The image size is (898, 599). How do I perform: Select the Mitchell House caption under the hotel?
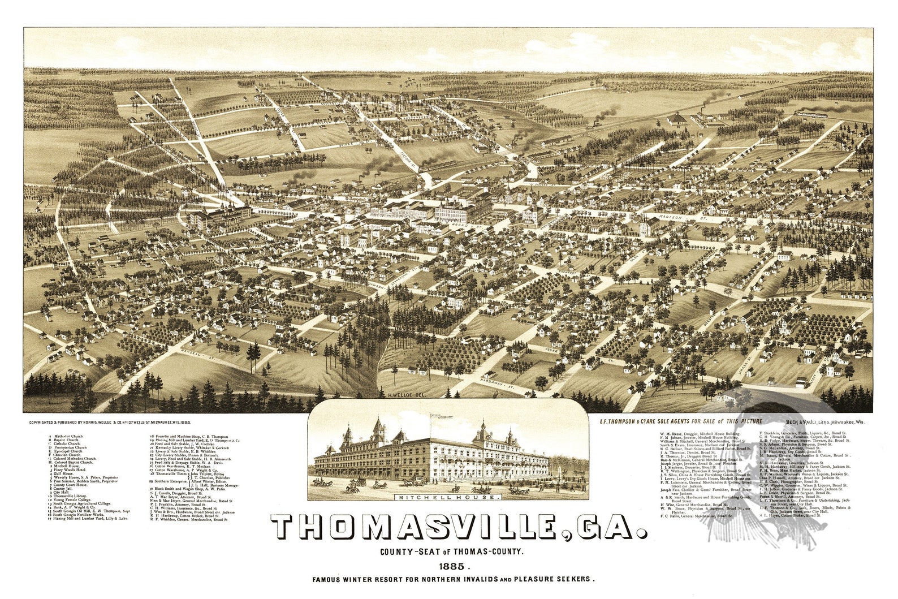[448, 498]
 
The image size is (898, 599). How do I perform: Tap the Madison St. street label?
[676, 217]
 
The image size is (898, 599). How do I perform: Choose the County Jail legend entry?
[62, 488]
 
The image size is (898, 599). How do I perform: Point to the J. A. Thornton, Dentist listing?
[685, 453]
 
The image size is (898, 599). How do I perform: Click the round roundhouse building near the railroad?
[676, 119]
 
